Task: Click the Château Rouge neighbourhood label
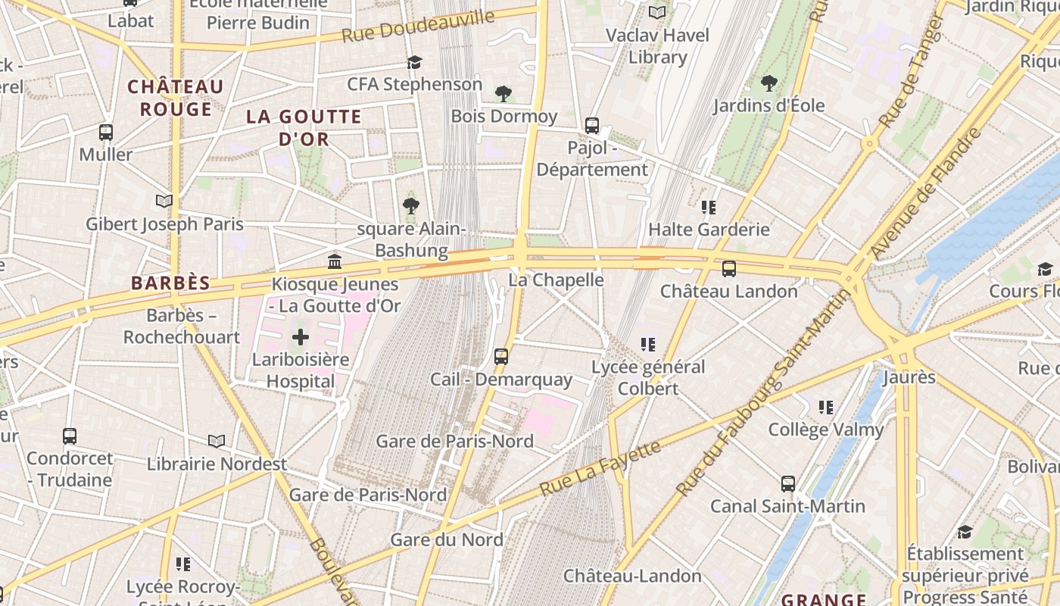pos(176,98)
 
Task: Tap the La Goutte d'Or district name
pos(304,127)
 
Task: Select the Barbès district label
pos(170,283)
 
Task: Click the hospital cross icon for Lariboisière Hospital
pos(301,336)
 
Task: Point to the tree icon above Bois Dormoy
pos(503,94)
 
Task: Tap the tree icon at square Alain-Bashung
pos(411,205)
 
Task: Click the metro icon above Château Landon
pos(728,269)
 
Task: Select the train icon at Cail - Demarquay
pos(500,356)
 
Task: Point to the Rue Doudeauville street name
pos(417,27)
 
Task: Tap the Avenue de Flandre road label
pos(925,192)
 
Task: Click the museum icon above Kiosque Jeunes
pos(334,262)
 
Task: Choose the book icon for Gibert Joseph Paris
pos(164,201)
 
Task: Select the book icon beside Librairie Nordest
pos(217,441)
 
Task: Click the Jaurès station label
pos(909,376)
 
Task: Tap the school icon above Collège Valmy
pos(825,408)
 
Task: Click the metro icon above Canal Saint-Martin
pos(787,483)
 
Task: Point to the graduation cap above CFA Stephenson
pos(414,62)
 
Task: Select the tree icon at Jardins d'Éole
pos(768,83)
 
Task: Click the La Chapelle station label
pos(556,280)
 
